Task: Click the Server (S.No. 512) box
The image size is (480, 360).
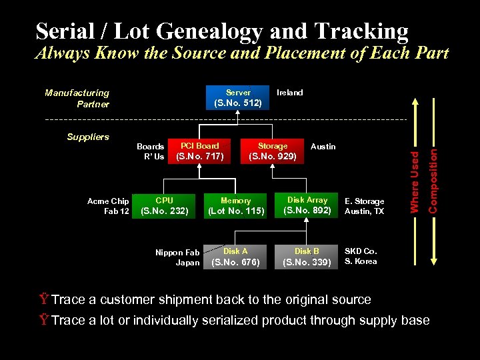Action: coord(238,97)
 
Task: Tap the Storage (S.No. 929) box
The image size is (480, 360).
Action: coord(273,151)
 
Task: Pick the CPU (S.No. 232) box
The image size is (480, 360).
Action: coord(164,206)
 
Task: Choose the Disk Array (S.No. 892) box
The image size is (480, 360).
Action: coord(307,205)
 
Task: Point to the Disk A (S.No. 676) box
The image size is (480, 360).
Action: coord(235,257)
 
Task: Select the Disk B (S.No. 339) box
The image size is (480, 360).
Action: coord(307,257)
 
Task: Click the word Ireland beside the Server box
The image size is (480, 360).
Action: coord(289,93)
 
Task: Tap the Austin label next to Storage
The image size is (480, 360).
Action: coord(323,147)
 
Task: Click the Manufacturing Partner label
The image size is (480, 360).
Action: coord(77,99)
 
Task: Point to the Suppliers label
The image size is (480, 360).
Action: coord(88,137)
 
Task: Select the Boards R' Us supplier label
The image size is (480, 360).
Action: coord(151,151)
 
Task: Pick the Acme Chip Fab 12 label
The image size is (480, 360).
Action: coord(108,206)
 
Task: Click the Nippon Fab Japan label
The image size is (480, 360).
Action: coord(177,257)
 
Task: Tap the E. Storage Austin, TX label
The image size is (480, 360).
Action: coord(364,206)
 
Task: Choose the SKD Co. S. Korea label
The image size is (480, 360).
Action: coord(361,256)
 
